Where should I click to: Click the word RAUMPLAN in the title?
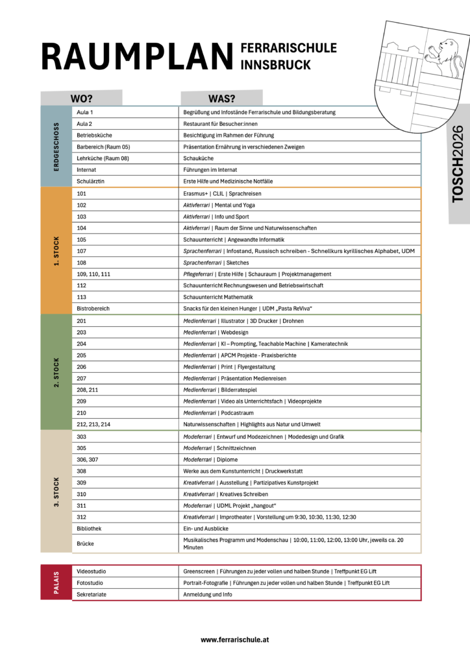pyautogui.click(x=136, y=57)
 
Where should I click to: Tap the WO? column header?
pyautogui.click(x=82, y=99)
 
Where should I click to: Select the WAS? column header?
pyautogui.click(x=221, y=99)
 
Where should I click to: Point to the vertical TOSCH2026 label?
pyautogui.click(x=458, y=163)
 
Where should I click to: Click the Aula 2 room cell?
pyautogui.click(x=84, y=123)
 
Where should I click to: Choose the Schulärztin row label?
pyautogui.click(x=90, y=181)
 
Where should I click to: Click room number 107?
pyautogui.click(x=81, y=251)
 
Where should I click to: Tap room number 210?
pyautogui.click(x=81, y=413)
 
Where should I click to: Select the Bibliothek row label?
pyautogui.click(x=89, y=529)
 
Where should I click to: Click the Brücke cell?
pyautogui.click(x=85, y=543)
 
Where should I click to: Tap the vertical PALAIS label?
pyautogui.click(x=56, y=582)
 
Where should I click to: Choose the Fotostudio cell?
pyautogui.click(x=90, y=583)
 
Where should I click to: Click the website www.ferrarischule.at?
pyautogui.click(x=235, y=639)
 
